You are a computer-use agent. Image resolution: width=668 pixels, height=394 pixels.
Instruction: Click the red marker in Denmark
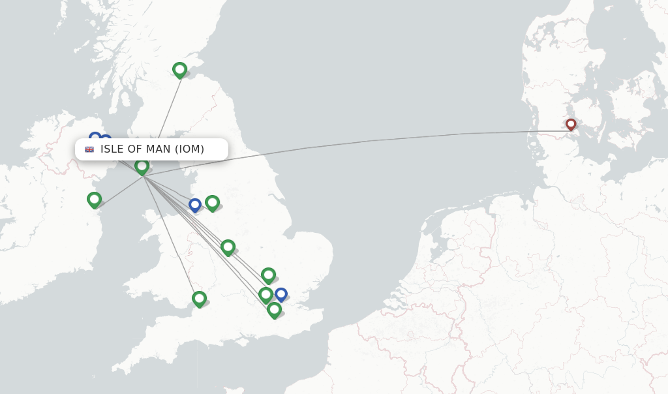click(571, 124)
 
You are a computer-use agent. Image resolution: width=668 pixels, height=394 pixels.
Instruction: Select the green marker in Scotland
click(179, 69)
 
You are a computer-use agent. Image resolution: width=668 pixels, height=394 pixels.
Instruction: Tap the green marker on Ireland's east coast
click(94, 199)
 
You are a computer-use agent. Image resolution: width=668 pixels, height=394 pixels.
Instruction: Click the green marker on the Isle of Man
click(142, 166)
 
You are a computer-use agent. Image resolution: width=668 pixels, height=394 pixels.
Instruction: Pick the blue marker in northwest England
click(194, 205)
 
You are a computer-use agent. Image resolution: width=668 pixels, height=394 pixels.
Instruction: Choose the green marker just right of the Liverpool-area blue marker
click(212, 202)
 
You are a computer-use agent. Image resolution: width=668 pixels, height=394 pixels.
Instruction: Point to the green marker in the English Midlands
click(228, 247)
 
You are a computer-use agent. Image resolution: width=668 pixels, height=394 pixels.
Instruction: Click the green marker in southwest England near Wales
click(199, 298)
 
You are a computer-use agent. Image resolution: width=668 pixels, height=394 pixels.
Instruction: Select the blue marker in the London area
click(281, 294)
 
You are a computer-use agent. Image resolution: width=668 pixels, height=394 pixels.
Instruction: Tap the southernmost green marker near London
click(274, 309)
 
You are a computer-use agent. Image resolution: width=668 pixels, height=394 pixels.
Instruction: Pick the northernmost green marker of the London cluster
click(268, 275)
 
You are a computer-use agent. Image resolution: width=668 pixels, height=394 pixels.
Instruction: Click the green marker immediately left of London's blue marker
click(265, 294)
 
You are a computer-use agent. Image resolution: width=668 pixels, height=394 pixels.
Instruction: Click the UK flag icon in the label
click(89, 149)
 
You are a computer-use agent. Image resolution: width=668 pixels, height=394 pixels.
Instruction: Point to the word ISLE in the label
click(112, 149)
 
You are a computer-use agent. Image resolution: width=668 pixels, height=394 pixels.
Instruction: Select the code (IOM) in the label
click(189, 149)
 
